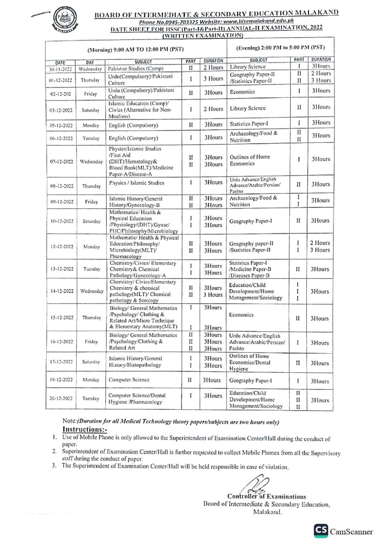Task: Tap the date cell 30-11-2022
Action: tap(60, 69)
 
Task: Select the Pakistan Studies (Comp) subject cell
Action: tap(135, 69)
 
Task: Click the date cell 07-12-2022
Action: tap(61, 161)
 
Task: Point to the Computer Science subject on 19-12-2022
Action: tap(129, 380)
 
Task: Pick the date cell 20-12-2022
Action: tap(61, 398)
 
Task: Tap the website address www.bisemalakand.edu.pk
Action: tap(259, 21)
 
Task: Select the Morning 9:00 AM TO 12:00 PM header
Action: tap(135, 49)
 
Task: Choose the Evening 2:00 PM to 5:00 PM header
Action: tap(280, 48)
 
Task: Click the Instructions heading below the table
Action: tap(85, 429)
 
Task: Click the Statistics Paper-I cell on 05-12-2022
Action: tap(249, 124)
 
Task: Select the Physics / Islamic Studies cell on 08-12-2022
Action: tap(136, 183)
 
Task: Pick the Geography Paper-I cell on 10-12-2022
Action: tap(250, 221)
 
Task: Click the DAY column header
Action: tap(90, 62)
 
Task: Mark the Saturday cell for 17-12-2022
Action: tap(91, 362)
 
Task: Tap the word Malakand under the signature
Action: tap(268, 512)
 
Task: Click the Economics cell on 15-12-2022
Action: tap(241, 315)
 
